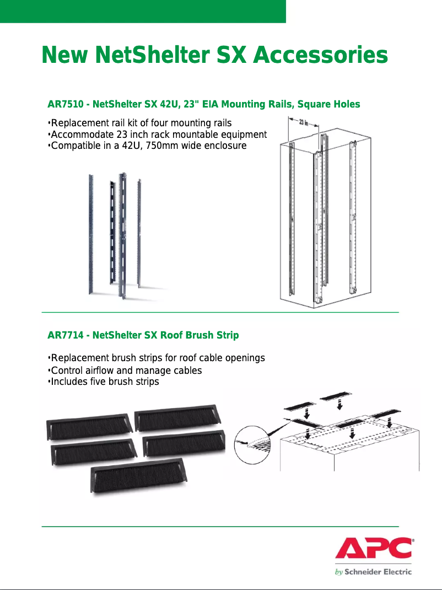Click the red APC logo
coord(374,549)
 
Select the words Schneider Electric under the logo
coord(378,572)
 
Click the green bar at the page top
coord(143,11)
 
